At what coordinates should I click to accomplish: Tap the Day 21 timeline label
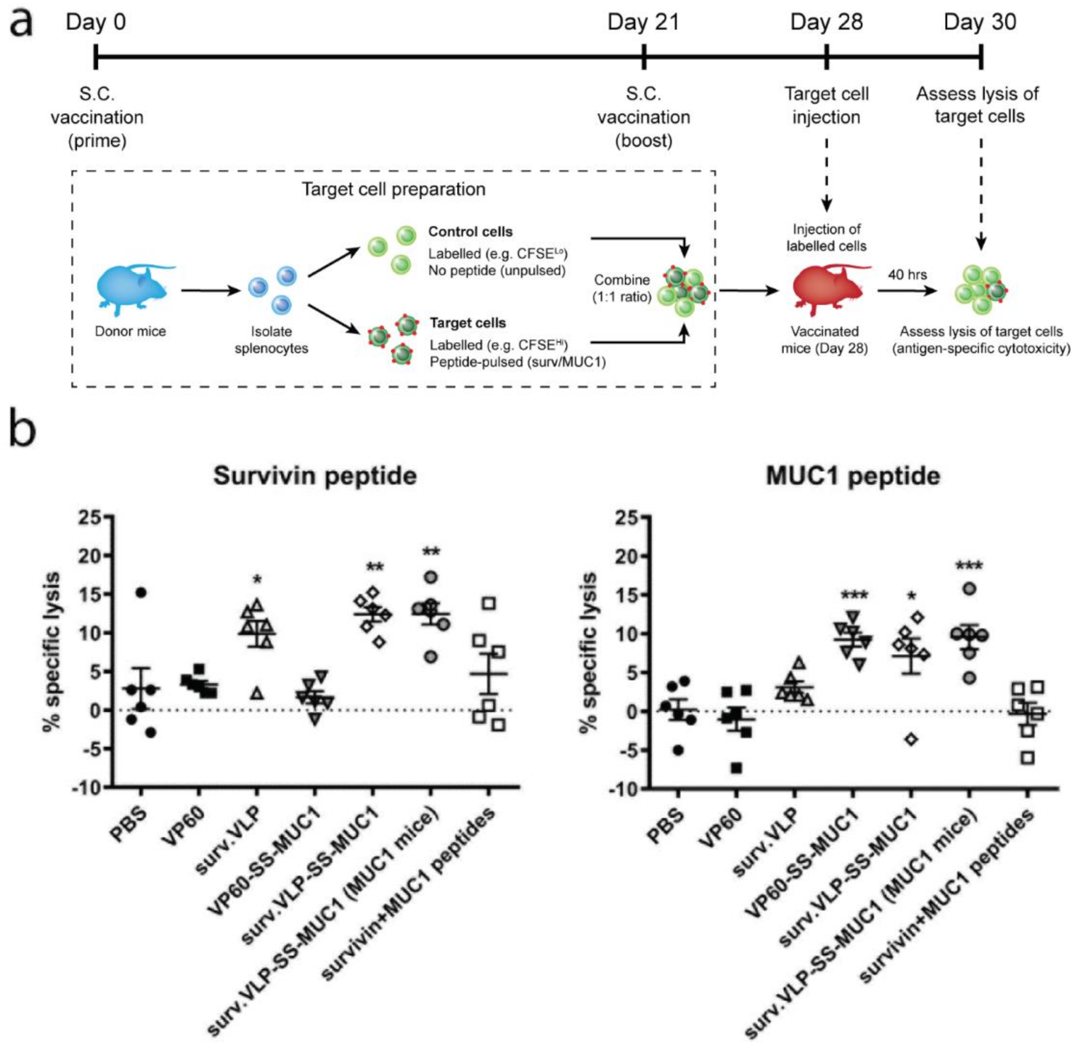pos(643,22)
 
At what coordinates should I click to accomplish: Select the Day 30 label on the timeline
pos(980,22)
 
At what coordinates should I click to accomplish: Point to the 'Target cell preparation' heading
pos(393,189)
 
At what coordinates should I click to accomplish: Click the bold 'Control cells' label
pos(470,232)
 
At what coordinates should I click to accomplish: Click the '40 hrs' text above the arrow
pos(907,275)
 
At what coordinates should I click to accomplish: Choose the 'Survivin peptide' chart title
pos(315,475)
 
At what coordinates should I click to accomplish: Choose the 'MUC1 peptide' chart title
pos(852,475)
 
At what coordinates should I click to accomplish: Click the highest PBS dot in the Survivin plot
pos(141,592)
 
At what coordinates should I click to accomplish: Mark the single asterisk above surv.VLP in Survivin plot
pos(257,581)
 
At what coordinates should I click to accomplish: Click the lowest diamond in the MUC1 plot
pos(911,739)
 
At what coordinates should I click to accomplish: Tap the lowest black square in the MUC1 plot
pos(737,768)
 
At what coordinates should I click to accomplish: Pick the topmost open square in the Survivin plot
pos(489,603)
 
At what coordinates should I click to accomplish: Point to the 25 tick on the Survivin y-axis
pos(90,518)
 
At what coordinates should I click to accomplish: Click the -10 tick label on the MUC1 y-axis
pos(625,788)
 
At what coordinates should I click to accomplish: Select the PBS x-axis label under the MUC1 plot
pos(665,826)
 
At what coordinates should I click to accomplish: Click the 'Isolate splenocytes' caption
pos(271,340)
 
